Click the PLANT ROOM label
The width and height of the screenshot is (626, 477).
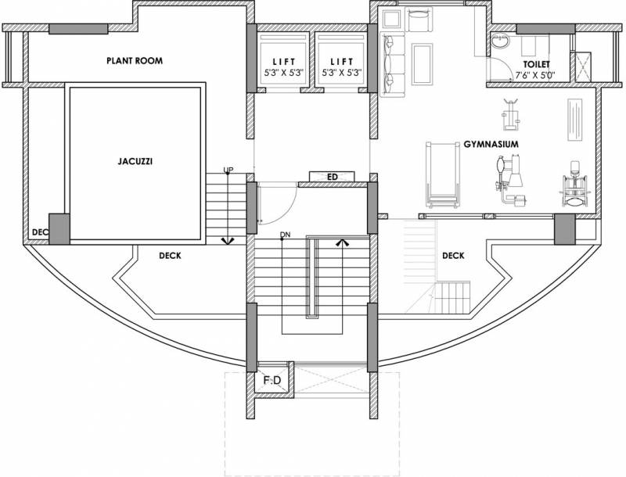[135, 60]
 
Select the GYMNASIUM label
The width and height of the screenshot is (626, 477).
[492, 145]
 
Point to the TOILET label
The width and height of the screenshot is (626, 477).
[537, 64]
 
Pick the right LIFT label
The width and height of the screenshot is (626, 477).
[341, 61]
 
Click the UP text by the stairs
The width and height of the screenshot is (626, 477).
[228, 170]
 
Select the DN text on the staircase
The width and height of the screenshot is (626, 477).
[286, 235]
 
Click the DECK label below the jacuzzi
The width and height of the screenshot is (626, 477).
[170, 255]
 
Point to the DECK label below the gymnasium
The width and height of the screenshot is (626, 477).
[453, 255]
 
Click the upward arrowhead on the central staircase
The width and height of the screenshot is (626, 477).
[341, 243]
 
